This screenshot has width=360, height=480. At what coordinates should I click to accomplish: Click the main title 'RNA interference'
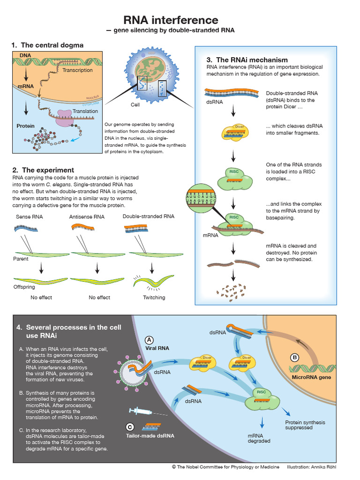pyautogui.click(x=171, y=20)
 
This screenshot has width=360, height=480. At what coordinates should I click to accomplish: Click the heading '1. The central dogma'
pyautogui.click(x=47, y=45)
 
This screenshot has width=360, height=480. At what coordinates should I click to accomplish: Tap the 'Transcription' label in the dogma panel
pyautogui.click(x=77, y=70)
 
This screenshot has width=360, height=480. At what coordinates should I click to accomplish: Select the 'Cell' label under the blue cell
pyautogui.click(x=135, y=105)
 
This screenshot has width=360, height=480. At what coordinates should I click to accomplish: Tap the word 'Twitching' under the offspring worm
pyautogui.click(x=154, y=298)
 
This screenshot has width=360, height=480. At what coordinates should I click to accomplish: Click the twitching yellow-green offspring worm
pyautogui.click(x=151, y=281)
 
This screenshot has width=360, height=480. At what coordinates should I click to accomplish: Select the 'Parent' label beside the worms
pyautogui.click(x=21, y=259)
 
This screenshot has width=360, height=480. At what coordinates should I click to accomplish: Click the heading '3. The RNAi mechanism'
pyautogui.click(x=247, y=60)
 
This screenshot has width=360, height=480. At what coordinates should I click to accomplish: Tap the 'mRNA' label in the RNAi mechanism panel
pyautogui.click(x=210, y=235)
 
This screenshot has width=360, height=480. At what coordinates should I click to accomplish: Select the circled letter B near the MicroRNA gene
pyautogui.click(x=295, y=358)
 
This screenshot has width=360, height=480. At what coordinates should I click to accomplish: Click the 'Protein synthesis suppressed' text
pyautogui.click(x=305, y=425)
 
